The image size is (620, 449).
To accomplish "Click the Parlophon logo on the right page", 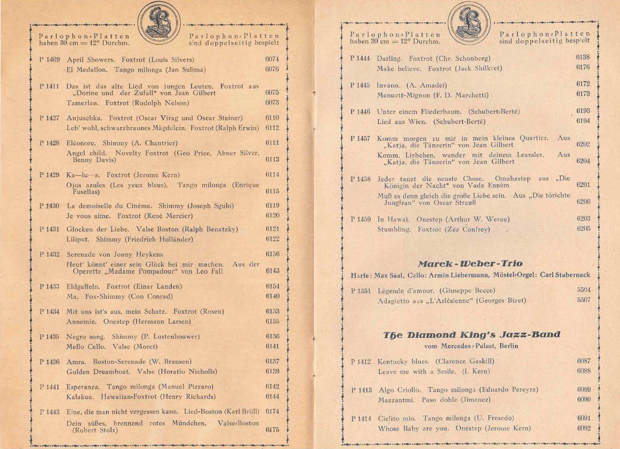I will (469, 23).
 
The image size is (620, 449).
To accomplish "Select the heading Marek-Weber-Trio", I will (470, 264).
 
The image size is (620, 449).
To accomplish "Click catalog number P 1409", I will (50, 60).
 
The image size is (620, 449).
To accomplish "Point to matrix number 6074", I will (272, 59).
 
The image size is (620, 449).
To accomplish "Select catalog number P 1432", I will (50, 255).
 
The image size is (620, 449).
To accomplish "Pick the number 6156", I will (273, 254).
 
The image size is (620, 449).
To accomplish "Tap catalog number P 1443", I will (50, 412).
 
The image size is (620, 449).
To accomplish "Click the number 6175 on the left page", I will (273, 430).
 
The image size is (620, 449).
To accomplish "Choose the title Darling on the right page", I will (389, 59).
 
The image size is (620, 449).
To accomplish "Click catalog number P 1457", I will (360, 139).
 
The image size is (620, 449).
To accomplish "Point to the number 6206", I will (583, 202).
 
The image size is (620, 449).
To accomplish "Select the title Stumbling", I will (394, 230).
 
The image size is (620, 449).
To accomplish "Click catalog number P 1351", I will (361, 291).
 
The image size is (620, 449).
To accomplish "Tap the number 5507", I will (584, 300).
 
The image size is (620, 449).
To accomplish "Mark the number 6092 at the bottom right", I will (584, 428).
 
